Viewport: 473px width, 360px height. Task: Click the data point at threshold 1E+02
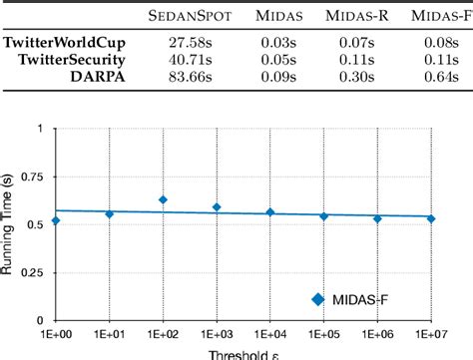point(163,199)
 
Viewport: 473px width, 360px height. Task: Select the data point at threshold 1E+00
point(56,219)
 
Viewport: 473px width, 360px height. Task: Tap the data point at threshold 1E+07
point(431,218)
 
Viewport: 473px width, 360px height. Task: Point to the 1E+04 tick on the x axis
point(269,333)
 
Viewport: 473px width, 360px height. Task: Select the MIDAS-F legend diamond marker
point(318,298)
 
